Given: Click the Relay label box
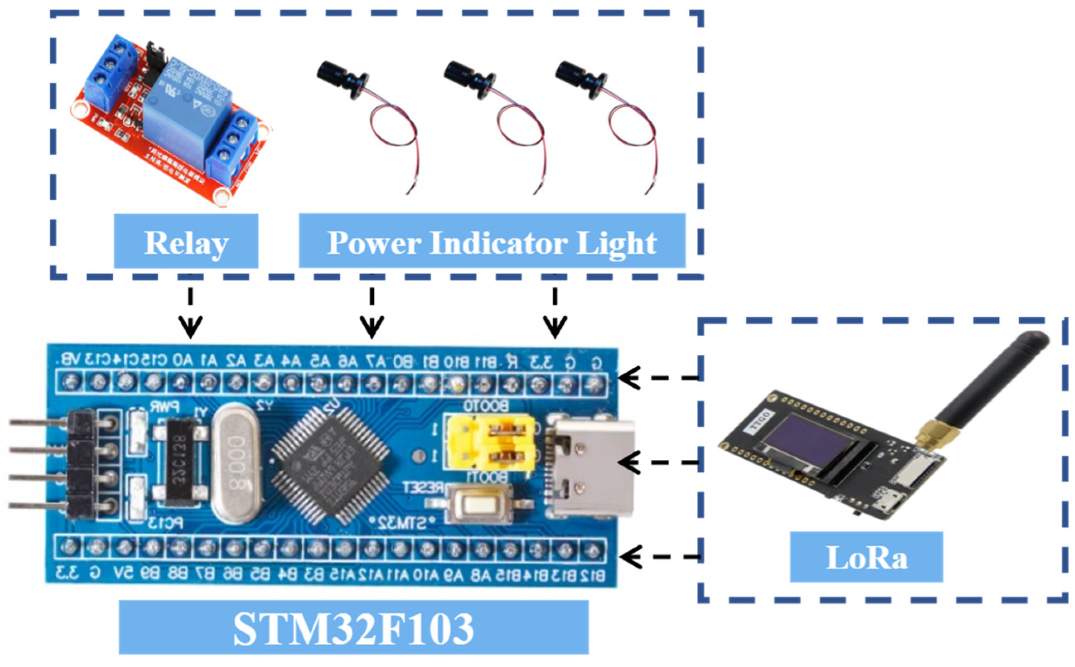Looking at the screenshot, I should click(186, 241).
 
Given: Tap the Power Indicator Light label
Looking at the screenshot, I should click(491, 241).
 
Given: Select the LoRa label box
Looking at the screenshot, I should click(866, 557).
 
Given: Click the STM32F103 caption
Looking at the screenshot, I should click(353, 627).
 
